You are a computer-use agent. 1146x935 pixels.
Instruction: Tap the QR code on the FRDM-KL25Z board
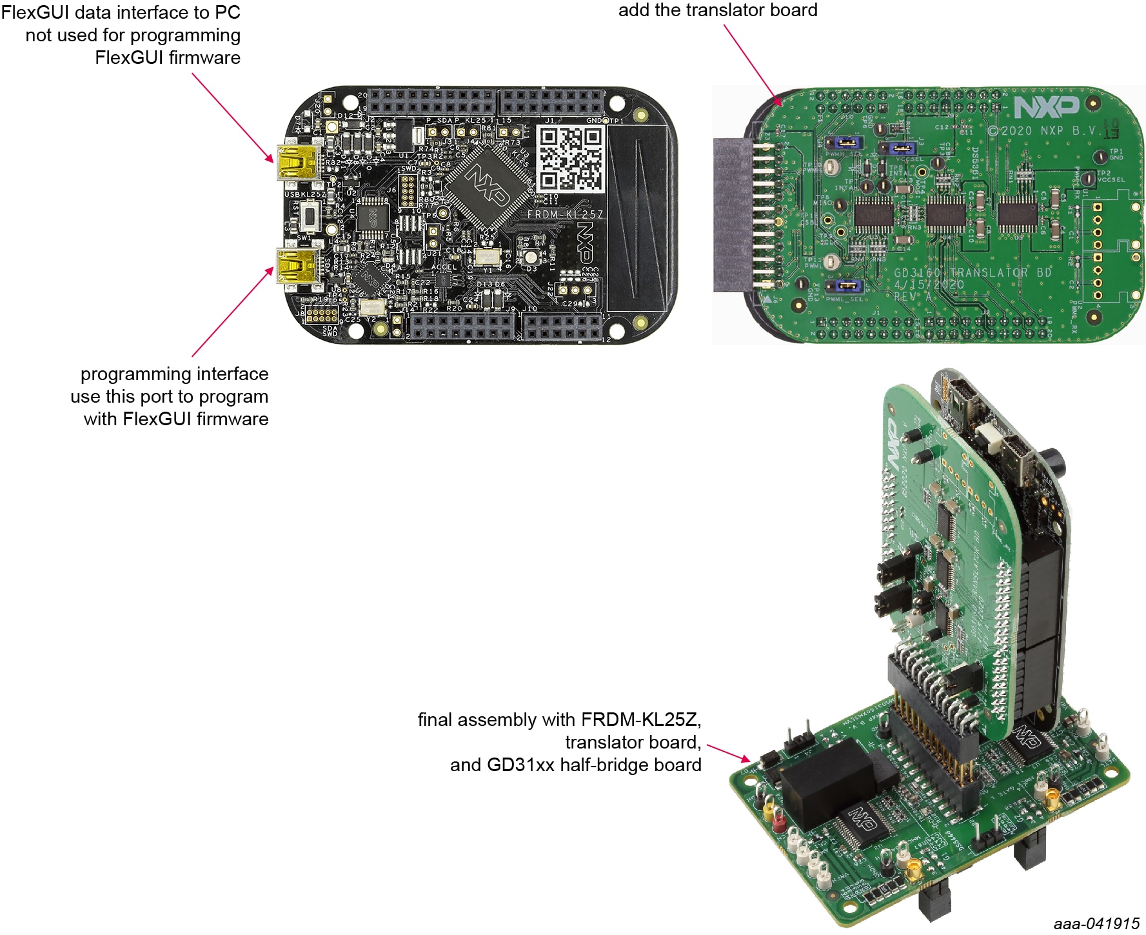point(571,159)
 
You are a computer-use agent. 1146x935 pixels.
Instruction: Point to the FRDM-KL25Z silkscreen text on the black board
point(565,214)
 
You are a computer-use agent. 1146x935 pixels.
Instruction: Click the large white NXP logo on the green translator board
point(1046,107)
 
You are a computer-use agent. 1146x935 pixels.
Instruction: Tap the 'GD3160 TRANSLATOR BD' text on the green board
point(973,272)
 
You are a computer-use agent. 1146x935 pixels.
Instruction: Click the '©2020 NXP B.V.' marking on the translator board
point(1042,131)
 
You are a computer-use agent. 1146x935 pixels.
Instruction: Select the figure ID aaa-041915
point(1096,923)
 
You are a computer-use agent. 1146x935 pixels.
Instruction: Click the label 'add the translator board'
point(717,10)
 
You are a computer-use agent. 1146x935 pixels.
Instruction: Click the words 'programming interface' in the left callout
point(174,374)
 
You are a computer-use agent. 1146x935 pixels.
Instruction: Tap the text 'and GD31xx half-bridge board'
point(575,765)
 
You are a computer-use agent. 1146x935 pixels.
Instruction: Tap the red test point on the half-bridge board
point(778,821)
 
